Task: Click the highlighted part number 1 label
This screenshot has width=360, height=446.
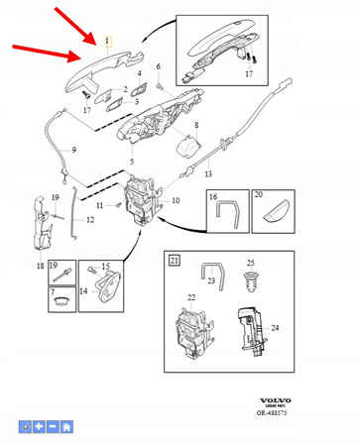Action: point(108,41)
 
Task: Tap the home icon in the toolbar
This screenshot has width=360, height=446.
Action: point(66,426)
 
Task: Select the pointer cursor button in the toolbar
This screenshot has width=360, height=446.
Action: point(25,426)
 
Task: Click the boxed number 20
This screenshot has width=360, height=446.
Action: point(257,197)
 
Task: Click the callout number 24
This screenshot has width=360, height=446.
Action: point(275,327)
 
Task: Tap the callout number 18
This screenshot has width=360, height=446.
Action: point(40,267)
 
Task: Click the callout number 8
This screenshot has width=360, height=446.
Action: point(196,125)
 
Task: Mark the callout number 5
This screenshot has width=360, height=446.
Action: point(132,161)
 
